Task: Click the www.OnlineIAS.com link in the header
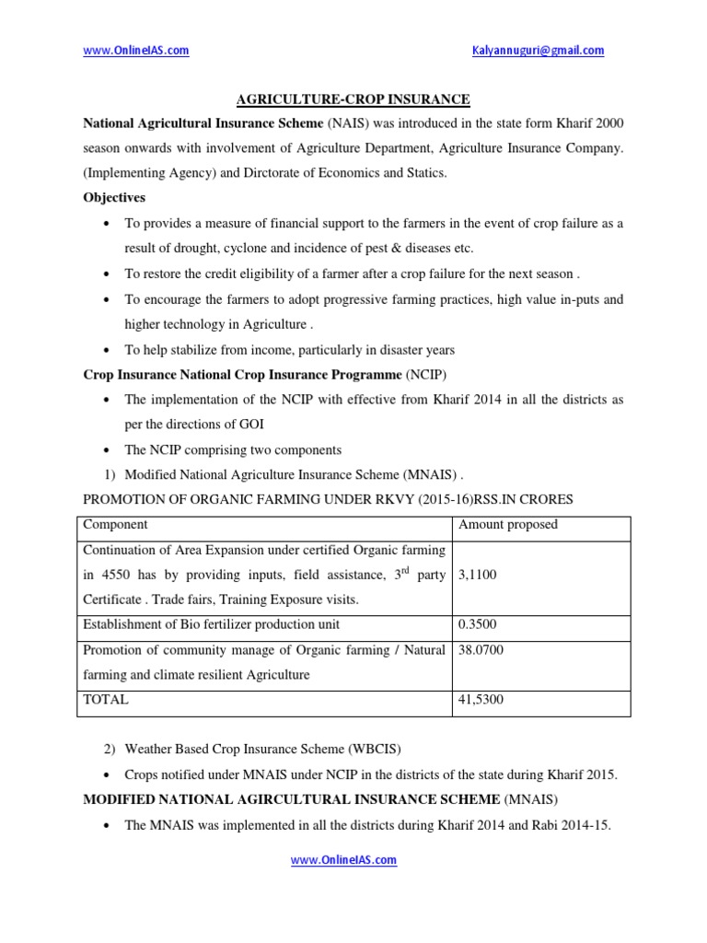(136, 51)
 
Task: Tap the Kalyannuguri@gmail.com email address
(538, 51)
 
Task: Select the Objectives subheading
(114, 198)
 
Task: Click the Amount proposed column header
(507, 525)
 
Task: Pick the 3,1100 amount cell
(478, 575)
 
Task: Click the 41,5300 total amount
(481, 700)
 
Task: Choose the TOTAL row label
(106, 700)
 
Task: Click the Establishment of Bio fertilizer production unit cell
(212, 624)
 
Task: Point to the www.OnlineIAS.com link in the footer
(344, 860)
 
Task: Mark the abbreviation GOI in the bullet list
(261, 425)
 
